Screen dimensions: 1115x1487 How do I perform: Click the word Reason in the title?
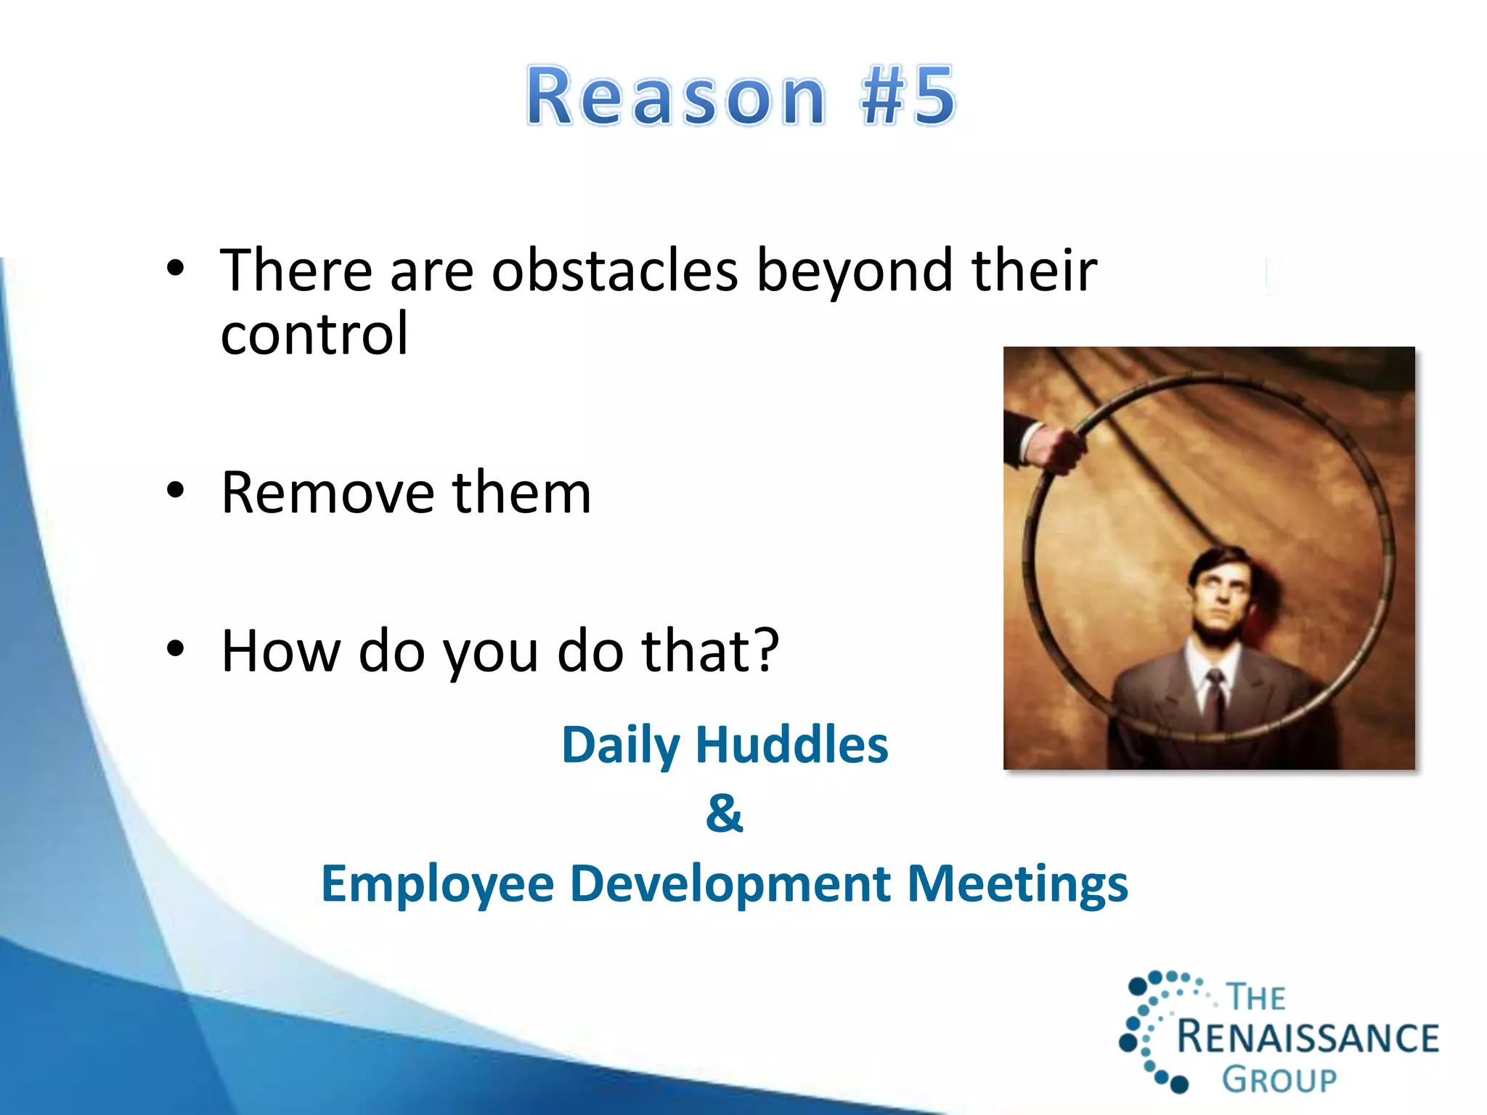tap(675, 97)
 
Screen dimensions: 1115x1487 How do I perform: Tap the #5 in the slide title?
tap(908, 97)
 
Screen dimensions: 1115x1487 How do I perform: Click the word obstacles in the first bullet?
tap(614, 271)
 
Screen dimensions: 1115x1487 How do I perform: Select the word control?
tap(314, 334)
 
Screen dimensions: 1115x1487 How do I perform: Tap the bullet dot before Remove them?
tap(175, 491)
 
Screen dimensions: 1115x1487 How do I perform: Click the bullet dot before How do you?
tap(175, 648)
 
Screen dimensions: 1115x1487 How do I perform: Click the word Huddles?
tap(791, 746)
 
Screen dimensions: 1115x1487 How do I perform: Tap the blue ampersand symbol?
tap(724, 813)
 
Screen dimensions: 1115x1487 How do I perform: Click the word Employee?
tap(438, 885)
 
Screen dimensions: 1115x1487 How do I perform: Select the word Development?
tap(730, 885)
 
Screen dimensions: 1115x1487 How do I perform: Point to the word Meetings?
tap(1018, 885)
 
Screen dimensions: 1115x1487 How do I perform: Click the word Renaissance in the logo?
tap(1307, 1037)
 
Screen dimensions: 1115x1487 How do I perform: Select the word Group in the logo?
tap(1279, 1080)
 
